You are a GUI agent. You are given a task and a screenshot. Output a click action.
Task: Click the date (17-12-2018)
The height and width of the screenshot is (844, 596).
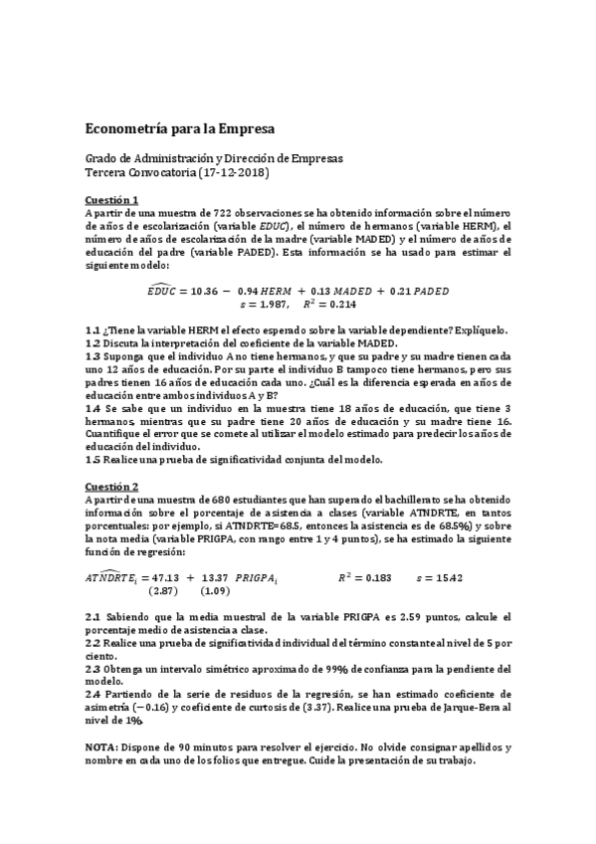click(235, 173)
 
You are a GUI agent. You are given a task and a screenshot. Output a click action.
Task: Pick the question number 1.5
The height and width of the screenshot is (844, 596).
click(93, 460)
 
